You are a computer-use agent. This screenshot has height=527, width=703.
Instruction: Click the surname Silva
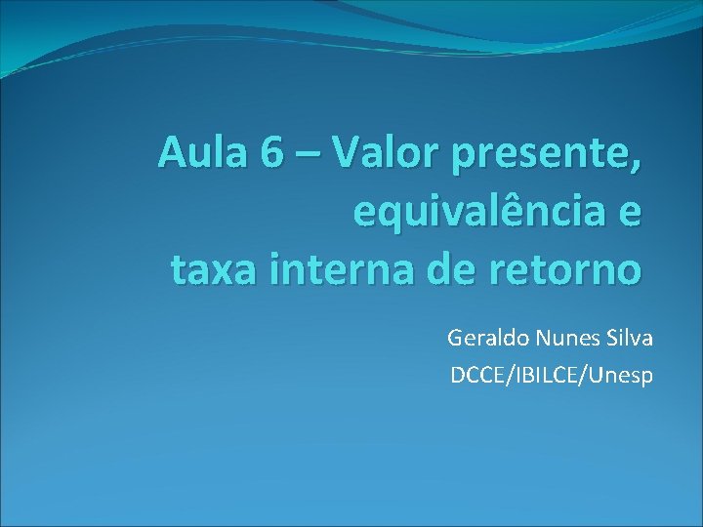[628, 339]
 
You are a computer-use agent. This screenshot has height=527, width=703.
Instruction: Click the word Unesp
[621, 374]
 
